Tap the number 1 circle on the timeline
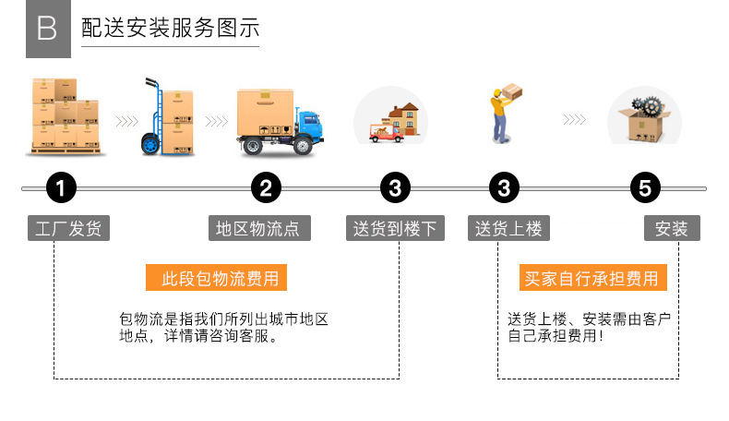(61, 188)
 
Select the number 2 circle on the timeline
(266, 188)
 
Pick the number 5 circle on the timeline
(645, 188)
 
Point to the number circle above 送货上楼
(504, 188)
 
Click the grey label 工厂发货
(67, 228)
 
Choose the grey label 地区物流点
(258, 228)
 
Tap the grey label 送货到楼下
(395, 228)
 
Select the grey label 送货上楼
(508, 228)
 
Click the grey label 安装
(672, 228)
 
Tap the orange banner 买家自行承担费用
(592, 277)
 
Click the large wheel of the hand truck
(149, 143)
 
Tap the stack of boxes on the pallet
(65, 115)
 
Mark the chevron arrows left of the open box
(574, 120)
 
